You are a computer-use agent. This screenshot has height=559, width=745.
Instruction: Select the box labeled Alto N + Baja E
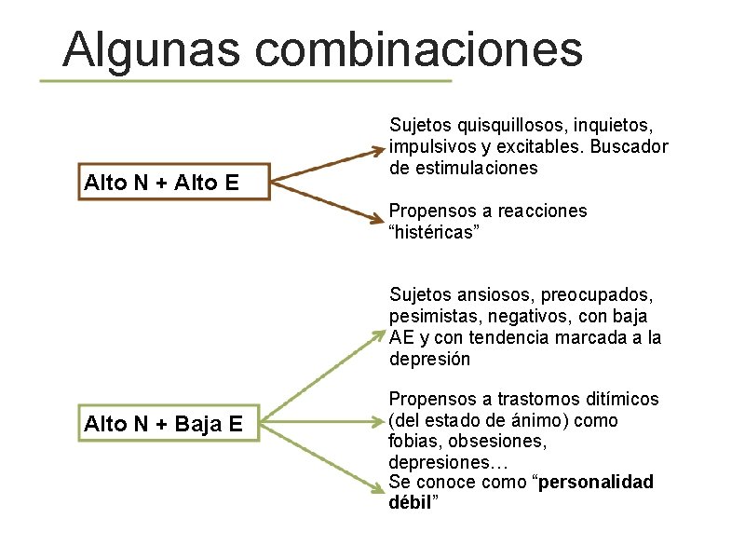[x=163, y=425]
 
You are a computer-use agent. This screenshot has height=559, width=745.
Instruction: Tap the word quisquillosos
[x=501, y=125]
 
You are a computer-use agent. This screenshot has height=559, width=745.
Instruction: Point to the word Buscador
[x=626, y=146]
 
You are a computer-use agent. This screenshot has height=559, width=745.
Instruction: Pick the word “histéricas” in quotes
[x=435, y=231]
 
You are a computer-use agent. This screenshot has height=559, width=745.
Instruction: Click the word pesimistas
[x=433, y=317]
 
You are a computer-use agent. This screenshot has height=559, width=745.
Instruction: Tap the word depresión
[x=430, y=359]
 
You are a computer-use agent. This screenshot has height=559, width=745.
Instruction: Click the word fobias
[x=412, y=441]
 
